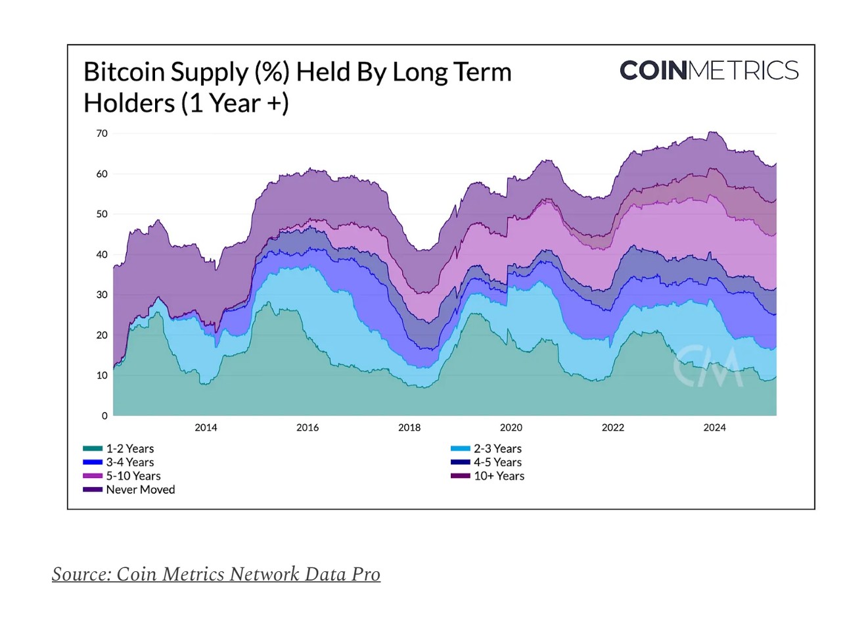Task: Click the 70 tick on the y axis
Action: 102,133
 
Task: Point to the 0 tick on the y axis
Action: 104,416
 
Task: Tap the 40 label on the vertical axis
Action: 102,254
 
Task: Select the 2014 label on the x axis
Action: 206,427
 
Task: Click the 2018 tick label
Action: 409,427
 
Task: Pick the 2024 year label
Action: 714,427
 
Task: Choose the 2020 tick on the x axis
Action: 511,427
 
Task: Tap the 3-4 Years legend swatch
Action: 93,462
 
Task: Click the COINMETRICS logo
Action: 709,70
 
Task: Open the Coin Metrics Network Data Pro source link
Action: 216,574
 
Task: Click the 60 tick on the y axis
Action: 102,174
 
